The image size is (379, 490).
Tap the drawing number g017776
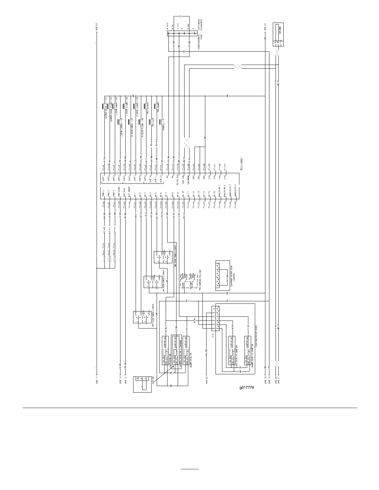pos(246,387)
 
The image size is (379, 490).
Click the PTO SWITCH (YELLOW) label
pos(200,280)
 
